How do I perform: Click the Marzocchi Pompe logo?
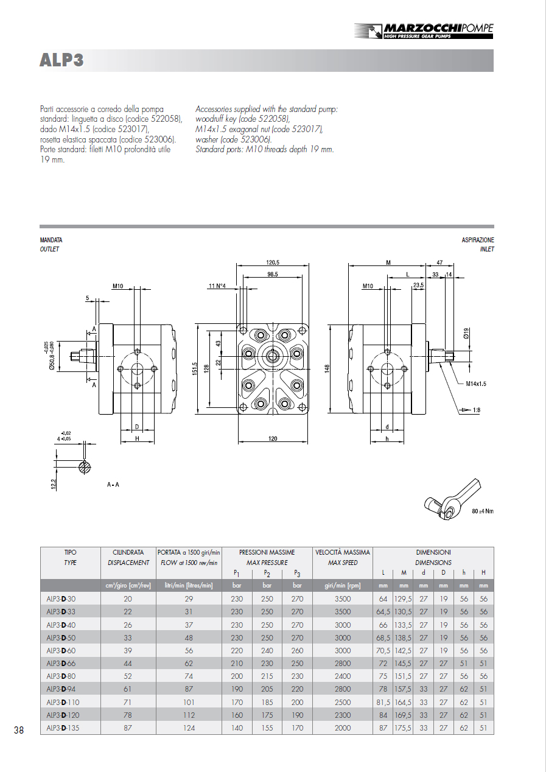[x=424, y=30]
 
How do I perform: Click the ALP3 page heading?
[x=61, y=60]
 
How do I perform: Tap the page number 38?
[x=19, y=730]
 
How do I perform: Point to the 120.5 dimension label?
[x=273, y=263]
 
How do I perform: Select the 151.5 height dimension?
[x=195, y=369]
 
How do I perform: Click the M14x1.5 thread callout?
[x=476, y=384]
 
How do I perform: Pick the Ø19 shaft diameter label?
[x=466, y=334]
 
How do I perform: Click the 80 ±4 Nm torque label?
[x=483, y=511]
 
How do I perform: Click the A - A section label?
[x=113, y=485]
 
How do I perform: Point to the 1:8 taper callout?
[x=477, y=410]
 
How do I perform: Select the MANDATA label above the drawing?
[x=51, y=240]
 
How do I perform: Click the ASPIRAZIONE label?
[x=478, y=240]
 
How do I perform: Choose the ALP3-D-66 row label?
[x=61, y=664]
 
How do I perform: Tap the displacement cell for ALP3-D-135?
[x=128, y=728]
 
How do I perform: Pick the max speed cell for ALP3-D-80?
[x=342, y=676]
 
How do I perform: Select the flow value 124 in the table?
[x=189, y=728]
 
